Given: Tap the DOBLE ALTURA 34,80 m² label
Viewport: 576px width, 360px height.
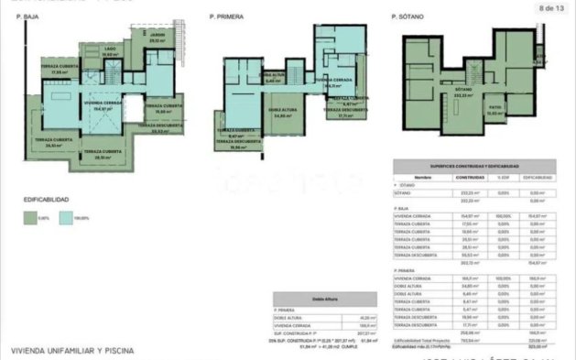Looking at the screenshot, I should [x=255, y=115].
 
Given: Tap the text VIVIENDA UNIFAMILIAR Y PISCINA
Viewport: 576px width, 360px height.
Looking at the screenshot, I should [x=72, y=350].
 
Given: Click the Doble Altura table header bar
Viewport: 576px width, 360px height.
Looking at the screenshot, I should [x=324, y=298].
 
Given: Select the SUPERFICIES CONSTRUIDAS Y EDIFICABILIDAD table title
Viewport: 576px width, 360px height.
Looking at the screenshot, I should [x=475, y=166].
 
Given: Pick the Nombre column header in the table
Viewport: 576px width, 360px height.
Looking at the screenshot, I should [x=421, y=178].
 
